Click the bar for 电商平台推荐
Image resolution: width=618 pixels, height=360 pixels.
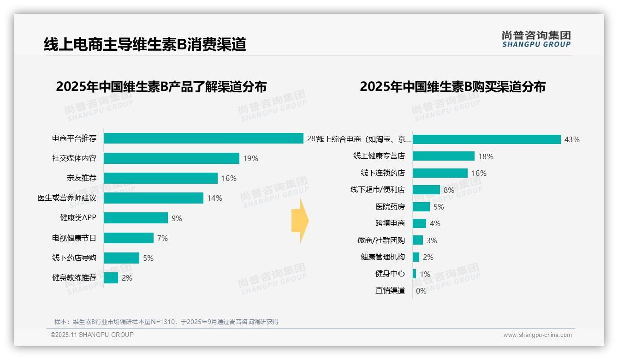coord(203,138)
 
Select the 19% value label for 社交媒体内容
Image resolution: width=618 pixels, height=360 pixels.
coord(250,159)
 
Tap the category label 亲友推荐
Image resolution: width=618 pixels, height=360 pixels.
coord(82,178)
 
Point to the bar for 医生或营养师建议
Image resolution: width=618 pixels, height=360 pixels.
coord(154,198)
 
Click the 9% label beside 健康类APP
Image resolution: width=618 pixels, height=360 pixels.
coord(177,218)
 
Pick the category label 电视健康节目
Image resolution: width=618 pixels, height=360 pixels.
coord(74,238)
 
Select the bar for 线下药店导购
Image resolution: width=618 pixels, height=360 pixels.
coord(121,258)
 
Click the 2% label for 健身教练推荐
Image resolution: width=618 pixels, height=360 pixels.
coord(127,278)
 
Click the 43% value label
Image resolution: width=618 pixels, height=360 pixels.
coord(572,139)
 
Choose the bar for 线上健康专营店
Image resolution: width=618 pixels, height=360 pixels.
coord(443,156)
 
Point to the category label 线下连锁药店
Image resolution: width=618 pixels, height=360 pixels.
coord(382,173)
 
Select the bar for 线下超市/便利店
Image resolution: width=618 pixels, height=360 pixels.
coord(426,190)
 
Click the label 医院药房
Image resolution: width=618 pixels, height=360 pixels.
coord(390,207)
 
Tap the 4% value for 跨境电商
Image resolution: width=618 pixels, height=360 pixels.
coord(435,223)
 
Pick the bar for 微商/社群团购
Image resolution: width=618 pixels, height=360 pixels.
coord(417,240)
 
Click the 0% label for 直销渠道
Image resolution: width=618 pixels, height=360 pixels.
coord(421,291)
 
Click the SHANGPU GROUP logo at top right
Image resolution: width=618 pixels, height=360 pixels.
coord(536,39)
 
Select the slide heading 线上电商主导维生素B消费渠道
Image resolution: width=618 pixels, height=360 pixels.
coord(145,44)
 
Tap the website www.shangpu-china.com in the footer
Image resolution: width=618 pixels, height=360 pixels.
coord(537,335)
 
